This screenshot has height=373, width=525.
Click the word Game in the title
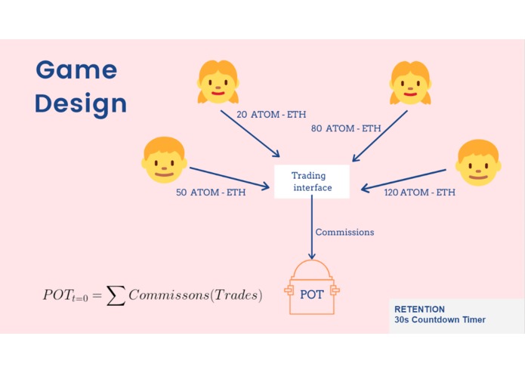point(77,69)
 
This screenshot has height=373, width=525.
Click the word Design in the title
point(81,103)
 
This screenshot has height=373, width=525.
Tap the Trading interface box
point(312,182)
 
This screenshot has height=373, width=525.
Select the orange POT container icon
point(312,287)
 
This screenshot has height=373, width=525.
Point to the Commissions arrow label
point(344,232)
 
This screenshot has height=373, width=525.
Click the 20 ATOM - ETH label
point(271,115)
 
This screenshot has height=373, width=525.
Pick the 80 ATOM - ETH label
point(346,128)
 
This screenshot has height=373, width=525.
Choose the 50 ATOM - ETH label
point(211,193)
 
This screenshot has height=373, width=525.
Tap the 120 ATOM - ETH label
point(419,193)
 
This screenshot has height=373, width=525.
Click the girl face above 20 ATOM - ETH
point(218,82)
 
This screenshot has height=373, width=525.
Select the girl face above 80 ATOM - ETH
point(410,83)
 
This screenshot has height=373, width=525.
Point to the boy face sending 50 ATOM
point(164,160)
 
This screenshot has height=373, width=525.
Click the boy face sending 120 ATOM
point(478,163)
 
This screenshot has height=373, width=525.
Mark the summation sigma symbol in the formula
point(116,296)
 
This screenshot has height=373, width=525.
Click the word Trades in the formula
point(236,294)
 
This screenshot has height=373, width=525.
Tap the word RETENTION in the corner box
point(419,309)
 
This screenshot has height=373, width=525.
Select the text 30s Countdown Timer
point(440,320)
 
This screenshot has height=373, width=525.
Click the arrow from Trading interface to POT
point(312,227)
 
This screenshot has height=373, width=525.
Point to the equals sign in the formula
point(97,295)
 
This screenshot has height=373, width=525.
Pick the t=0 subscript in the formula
point(79,297)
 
